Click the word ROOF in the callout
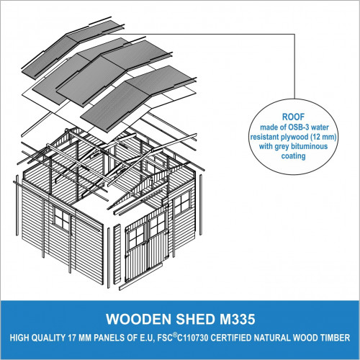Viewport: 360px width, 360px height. coord(293,117)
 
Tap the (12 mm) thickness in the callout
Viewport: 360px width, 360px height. coord(323,137)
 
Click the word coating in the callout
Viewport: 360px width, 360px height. coord(293,156)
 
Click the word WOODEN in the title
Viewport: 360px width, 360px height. coord(138,319)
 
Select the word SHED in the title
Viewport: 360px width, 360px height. coord(196,319)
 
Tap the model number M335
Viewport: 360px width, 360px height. coord(238,319)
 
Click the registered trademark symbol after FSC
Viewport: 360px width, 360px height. coord(174,336)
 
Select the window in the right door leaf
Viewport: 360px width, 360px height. coord(158,225)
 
